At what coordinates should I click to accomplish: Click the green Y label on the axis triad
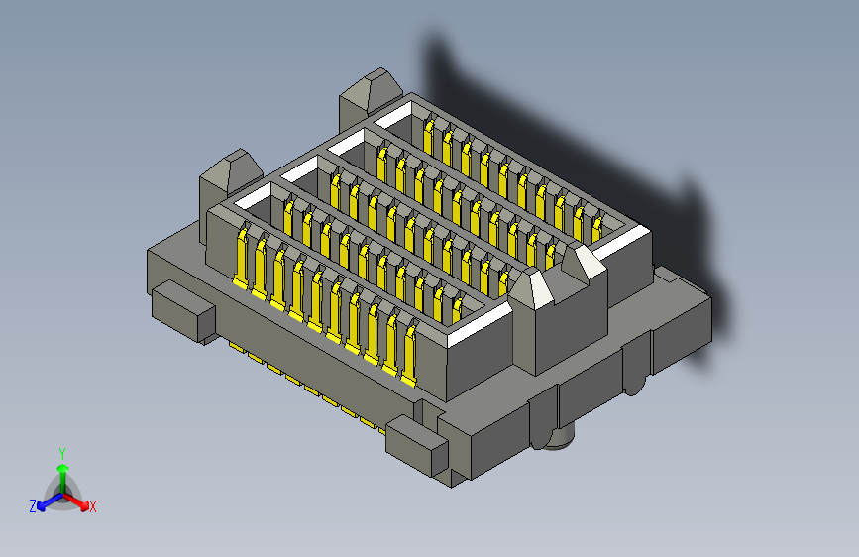[61, 452]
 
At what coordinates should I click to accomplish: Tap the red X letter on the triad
[92, 507]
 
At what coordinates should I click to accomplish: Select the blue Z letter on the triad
[32, 506]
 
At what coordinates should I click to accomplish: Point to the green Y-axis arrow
[61, 470]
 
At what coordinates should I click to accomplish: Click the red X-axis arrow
[79, 501]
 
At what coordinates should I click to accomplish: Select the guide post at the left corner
[229, 172]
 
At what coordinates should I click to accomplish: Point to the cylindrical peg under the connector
[560, 437]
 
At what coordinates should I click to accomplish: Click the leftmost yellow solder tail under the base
[234, 347]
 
